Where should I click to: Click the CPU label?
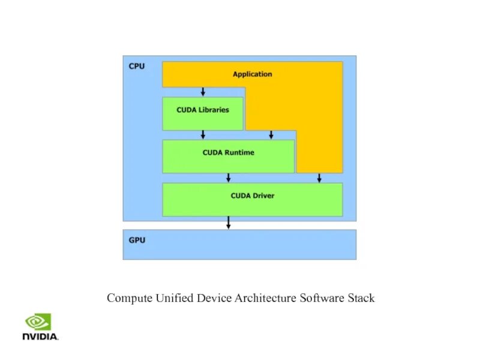coord(137,66)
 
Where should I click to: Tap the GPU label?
coord(137,240)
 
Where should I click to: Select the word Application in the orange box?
coord(252,74)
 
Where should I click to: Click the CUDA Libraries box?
coord(203,113)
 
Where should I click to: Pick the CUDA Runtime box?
coord(228,156)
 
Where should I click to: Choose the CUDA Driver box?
coord(253,199)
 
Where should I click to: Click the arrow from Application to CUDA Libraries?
coord(203,92)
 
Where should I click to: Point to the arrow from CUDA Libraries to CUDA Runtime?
coord(203,134)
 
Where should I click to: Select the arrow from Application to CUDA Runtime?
coord(271,134)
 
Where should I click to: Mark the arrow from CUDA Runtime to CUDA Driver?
coord(228,178)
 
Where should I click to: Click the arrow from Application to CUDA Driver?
coord(319,178)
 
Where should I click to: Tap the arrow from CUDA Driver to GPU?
coord(228,223)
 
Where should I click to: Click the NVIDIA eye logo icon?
coord(37,322)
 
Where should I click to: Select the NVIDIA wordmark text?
coord(40,337)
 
